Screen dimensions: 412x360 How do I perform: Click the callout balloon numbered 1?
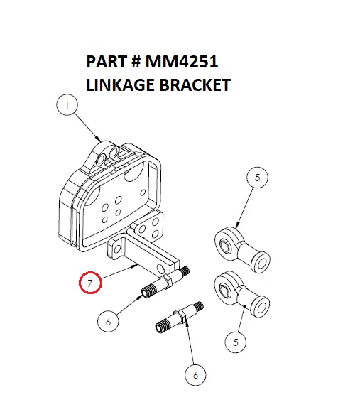click(67, 107)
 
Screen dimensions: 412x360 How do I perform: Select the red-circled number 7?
click(91, 283)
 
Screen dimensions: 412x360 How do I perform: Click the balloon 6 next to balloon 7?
click(109, 322)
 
